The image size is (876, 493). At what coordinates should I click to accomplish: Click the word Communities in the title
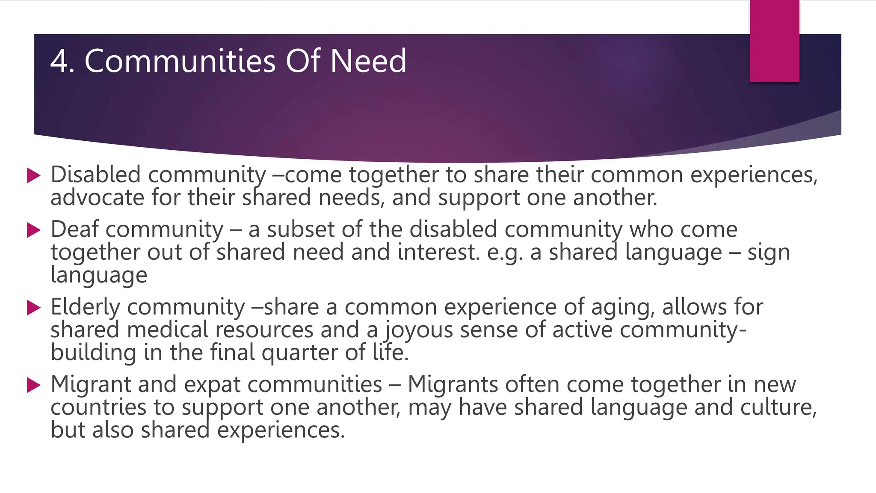181,61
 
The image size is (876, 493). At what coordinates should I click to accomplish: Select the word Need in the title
368,61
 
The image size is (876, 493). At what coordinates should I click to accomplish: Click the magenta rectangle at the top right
774,41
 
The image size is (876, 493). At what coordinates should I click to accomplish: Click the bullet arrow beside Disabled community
33,175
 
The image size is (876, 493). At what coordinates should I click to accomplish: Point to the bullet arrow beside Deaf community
33,230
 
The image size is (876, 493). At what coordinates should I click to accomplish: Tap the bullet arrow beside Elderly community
33,308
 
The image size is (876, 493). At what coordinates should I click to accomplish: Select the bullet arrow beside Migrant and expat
33,385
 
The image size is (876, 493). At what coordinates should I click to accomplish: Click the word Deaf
74,229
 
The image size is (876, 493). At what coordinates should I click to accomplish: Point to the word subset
300,229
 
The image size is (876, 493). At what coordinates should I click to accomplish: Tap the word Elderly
85,307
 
